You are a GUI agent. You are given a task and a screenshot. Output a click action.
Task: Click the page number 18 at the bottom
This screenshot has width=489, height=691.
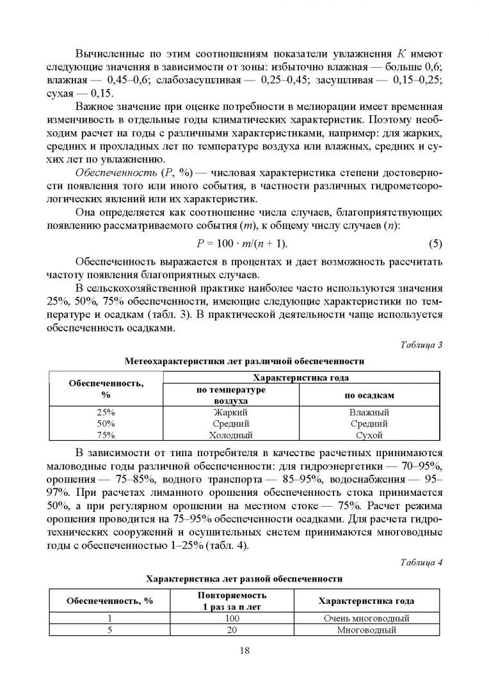click(x=244, y=651)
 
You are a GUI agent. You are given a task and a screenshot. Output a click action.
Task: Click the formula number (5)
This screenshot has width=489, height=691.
click(x=434, y=244)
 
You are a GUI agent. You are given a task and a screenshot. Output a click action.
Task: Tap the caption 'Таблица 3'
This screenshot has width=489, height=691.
click(x=421, y=345)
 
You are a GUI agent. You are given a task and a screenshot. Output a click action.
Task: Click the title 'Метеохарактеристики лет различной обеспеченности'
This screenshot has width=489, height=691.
click(x=244, y=361)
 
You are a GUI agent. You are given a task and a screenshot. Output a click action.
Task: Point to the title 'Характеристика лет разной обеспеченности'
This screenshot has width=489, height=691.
click(x=244, y=578)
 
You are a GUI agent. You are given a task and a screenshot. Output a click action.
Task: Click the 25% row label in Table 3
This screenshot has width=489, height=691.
click(x=106, y=413)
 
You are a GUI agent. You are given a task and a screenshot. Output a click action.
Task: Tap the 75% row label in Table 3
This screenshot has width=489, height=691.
click(x=106, y=435)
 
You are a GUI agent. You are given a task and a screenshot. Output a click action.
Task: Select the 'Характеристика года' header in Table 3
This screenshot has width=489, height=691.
click(x=301, y=378)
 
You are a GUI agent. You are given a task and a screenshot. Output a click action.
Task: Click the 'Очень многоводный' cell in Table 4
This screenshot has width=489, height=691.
click(x=365, y=619)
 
